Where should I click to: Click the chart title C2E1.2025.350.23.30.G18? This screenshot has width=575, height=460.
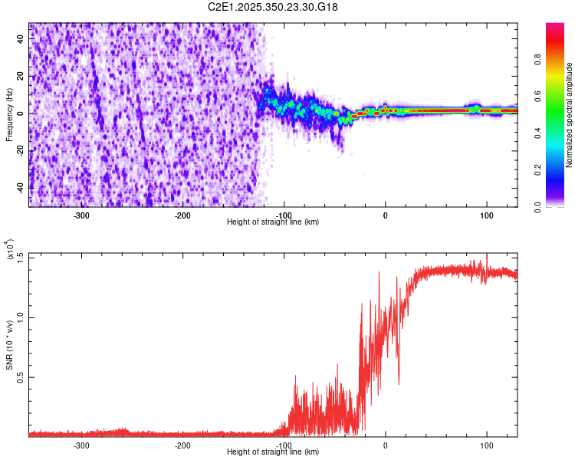tap(273, 7)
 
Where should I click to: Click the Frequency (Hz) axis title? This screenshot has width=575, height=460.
tap(10, 114)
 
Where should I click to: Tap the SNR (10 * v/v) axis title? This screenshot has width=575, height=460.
tap(10, 344)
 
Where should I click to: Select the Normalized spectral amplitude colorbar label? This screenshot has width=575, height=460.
tap(570, 114)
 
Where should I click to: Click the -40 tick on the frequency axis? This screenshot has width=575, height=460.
tap(21, 188)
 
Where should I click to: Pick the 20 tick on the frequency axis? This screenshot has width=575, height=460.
tap(21, 77)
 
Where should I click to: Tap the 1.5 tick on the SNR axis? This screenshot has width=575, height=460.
tap(21, 255)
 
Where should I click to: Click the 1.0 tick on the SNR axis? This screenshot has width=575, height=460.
tap(21, 316)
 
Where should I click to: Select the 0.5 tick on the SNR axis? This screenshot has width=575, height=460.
tap(21, 376)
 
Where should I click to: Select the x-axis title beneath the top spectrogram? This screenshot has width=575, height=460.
tap(273, 222)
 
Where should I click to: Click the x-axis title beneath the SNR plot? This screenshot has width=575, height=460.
tap(273, 452)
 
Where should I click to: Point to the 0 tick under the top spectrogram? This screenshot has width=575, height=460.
tap(386, 215)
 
